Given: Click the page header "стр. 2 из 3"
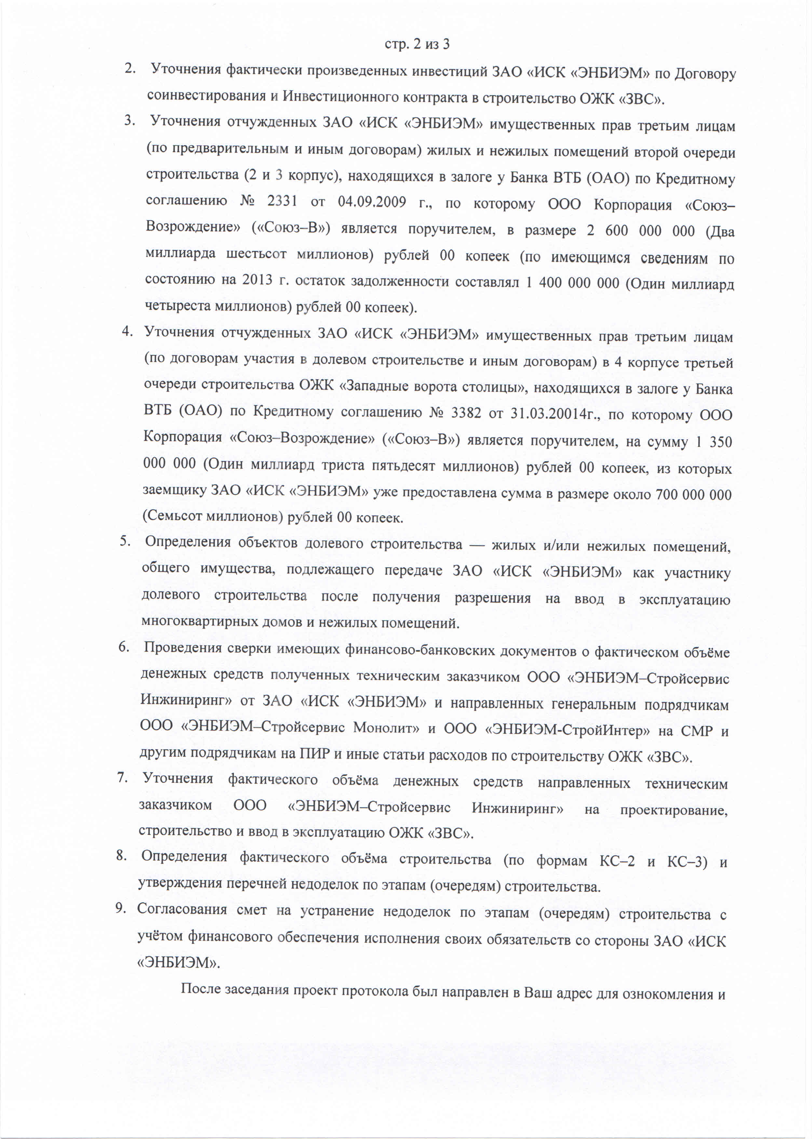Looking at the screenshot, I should (417, 45).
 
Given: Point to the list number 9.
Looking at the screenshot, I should (120, 908).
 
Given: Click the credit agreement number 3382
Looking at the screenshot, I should (466, 413).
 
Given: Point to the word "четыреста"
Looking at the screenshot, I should (178, 305).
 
